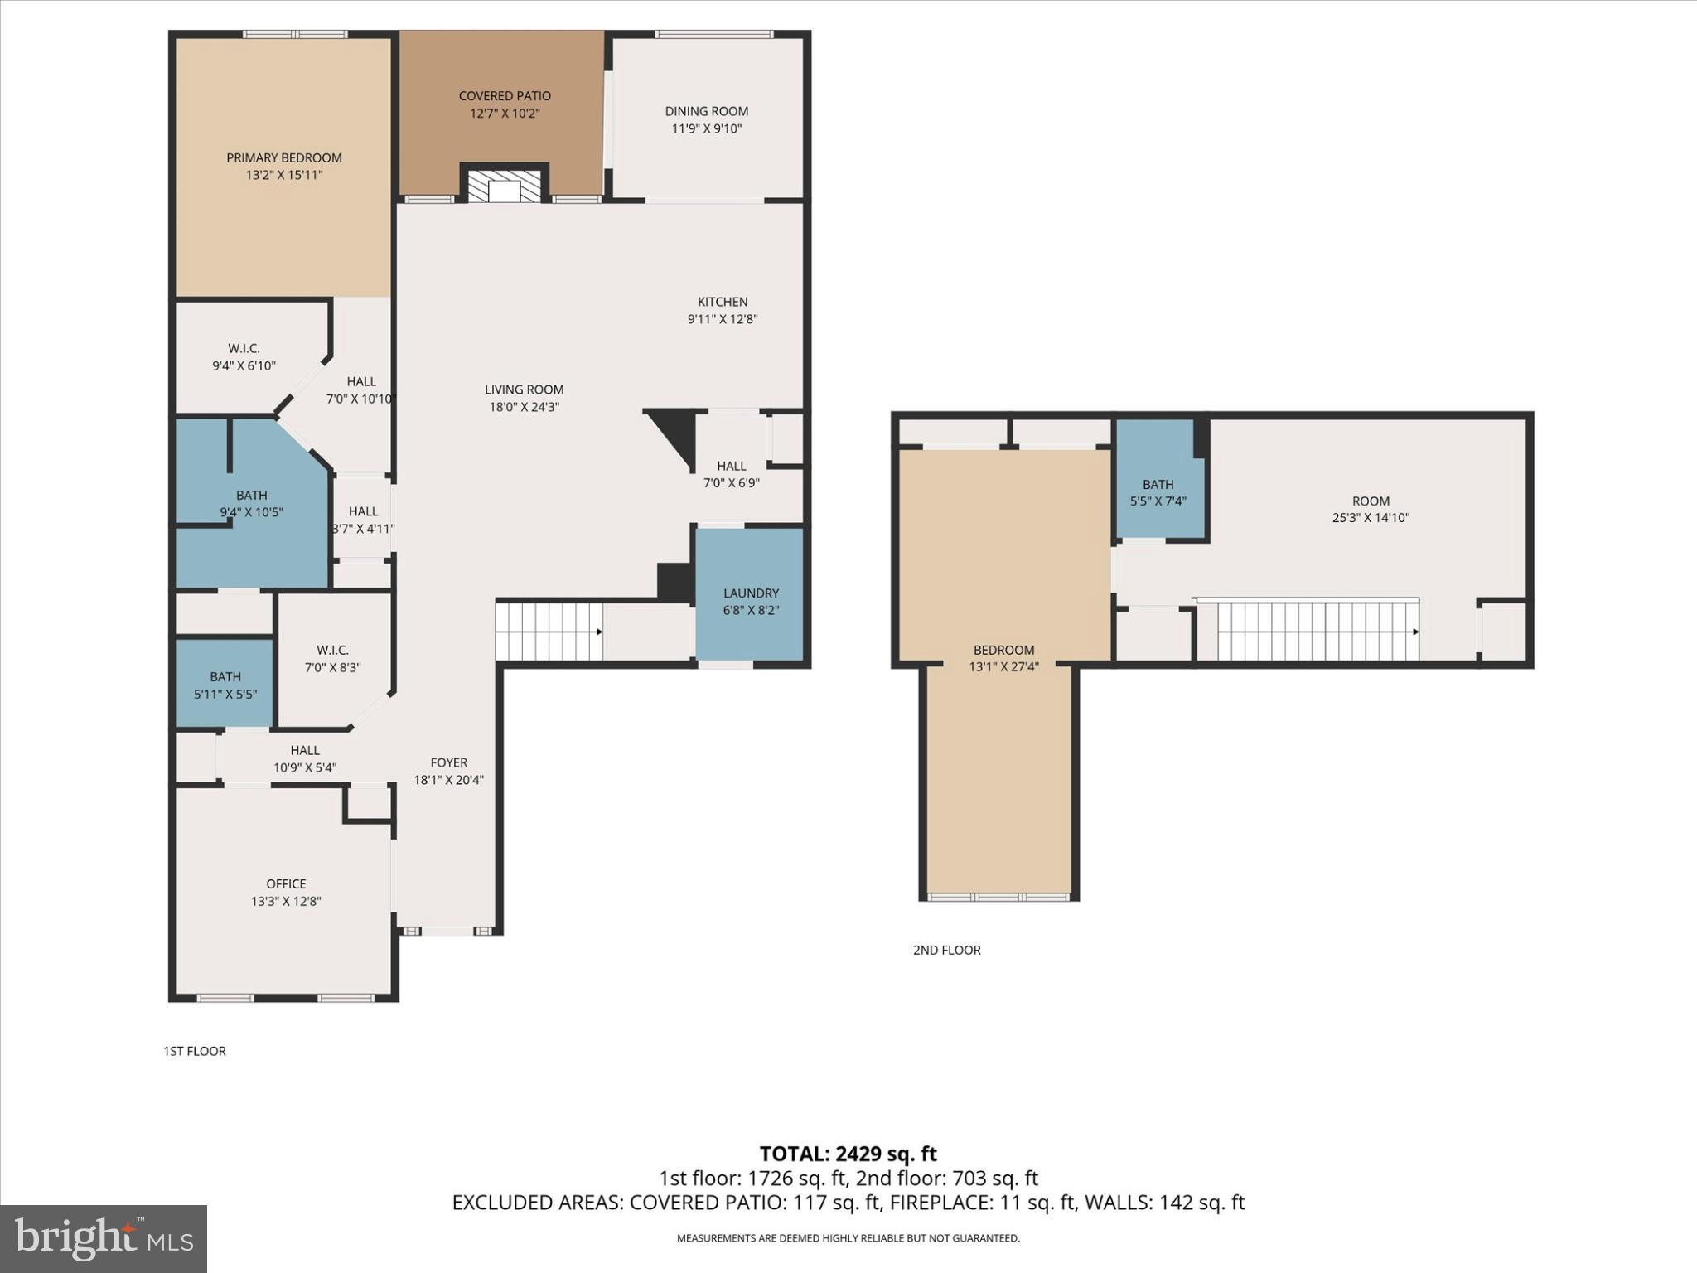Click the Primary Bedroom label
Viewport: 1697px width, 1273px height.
(284, 157)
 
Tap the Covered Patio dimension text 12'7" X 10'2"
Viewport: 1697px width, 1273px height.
(505, 114)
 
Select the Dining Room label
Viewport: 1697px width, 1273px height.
(706, 111)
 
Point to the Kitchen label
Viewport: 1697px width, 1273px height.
(723, 302)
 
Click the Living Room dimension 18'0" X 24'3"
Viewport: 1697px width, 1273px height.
(524, 407)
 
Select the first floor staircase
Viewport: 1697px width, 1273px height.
(549, 632)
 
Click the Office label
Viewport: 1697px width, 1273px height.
(286, 883)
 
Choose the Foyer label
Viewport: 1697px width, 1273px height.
(448, 762)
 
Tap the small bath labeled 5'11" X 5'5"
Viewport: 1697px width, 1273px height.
(225, 685)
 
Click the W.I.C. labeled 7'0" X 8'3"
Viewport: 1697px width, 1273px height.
(332, 658)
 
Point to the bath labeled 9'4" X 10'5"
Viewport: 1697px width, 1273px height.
(251, 504)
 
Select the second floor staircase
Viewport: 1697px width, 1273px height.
(1317, 632)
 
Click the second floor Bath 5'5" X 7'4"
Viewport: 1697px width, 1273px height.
(1158, 492)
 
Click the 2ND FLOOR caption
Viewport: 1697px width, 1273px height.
(946, 950)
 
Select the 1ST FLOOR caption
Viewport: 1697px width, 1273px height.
(194, 1051)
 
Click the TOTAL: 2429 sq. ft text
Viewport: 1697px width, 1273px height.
(848, 1154)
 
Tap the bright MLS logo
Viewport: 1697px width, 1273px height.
(104, 1238)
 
